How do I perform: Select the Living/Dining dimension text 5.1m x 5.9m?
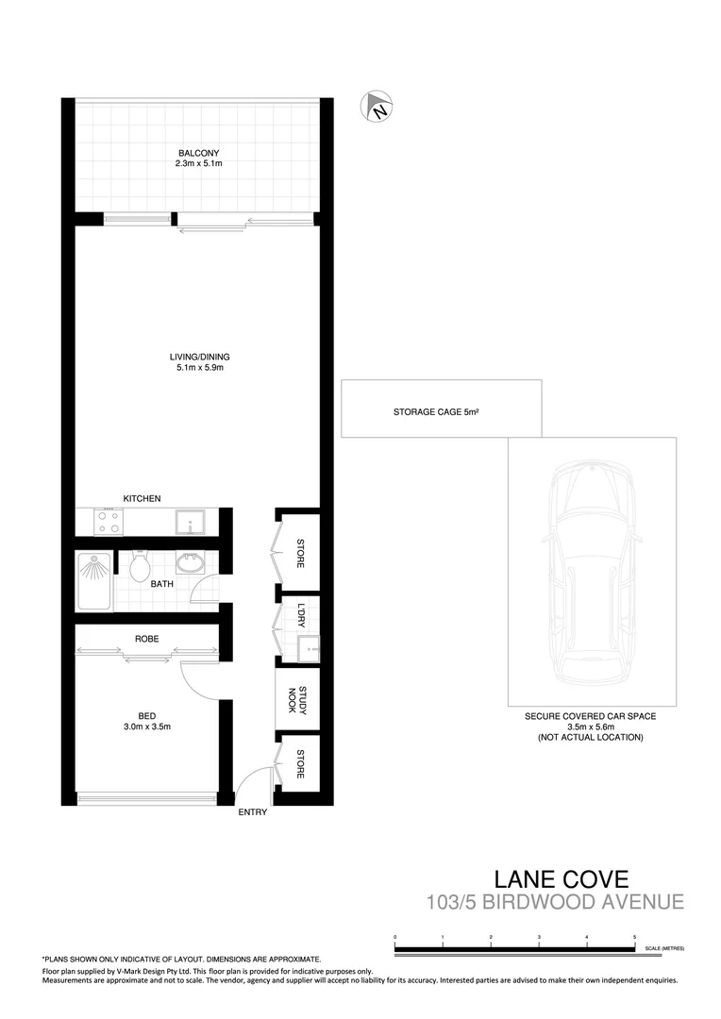(199, 368)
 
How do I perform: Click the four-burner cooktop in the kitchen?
(108, 521)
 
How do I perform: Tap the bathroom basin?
(190, 562)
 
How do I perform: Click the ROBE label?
(146, 639)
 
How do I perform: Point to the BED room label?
(146, 715)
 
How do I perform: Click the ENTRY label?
(253, 812)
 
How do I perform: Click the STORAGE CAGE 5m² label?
(441, 412)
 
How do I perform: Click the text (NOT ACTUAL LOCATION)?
(591, 737)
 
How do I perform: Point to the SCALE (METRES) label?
(664, 947)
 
